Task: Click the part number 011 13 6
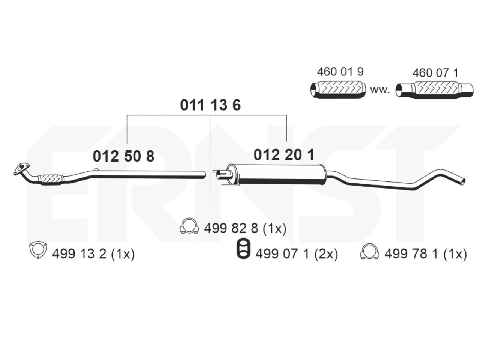tap(210, 105)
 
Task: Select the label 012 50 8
tap(123, 156)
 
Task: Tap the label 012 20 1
tap(284, 155)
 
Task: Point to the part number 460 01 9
tap(340, 72)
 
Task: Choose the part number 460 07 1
tap(435, 73)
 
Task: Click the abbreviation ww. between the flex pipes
tap(380, 90)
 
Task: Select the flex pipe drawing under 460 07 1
tap(434, 90)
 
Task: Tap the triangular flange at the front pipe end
tap(21, 168)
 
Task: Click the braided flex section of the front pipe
tap(50, 179)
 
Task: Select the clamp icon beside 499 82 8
tap(189, 226)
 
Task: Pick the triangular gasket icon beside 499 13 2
tap(38, 250)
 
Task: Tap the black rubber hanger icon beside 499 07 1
tap(243, 249)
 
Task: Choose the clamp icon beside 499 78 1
tap(370, 251)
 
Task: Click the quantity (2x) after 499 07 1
tap(326, 254)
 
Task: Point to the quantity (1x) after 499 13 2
tap(123, 254)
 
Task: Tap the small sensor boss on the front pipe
tap(96, 169)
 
